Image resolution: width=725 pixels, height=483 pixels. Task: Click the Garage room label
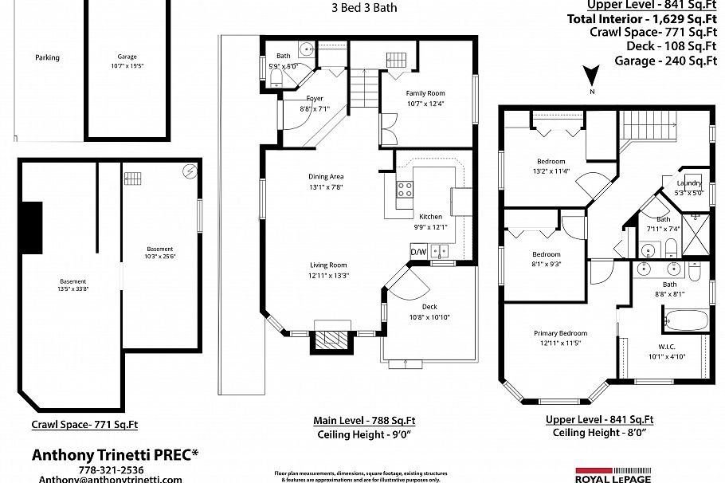[x=127, y=57]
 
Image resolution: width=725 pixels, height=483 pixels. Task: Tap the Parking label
[x=47, y=57]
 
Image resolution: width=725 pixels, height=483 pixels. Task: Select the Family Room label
[x=425, y=93]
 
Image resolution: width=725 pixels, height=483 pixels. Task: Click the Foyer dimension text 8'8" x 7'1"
[x=315, y=108]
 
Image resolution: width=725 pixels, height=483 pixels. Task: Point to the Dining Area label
[x=326, y=177]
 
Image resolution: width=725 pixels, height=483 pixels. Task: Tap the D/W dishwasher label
[x=418, y=252]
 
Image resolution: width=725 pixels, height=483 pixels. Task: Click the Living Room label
[x=328, y=265]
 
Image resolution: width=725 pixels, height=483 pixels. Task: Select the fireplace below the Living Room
[x=330, y=341]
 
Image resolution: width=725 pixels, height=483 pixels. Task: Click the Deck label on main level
[x=429, y=306]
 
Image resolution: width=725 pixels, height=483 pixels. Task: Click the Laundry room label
[x=689, y=183]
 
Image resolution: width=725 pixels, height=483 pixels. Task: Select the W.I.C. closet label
[x=668, y=346]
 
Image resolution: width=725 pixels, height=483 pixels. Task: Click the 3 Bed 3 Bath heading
[x=363, y=8]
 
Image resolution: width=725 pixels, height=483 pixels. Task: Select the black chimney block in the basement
[x=31, y=228]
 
